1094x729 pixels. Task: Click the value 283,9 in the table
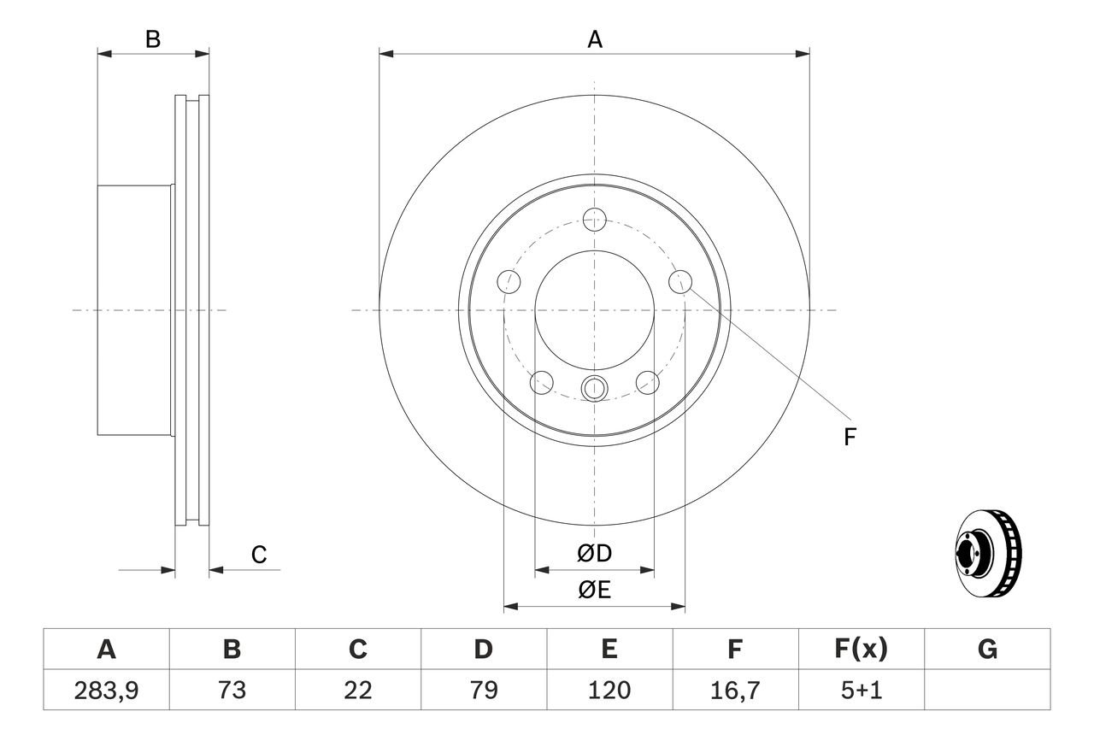coord(106,690)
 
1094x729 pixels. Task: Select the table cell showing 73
coord(232,690)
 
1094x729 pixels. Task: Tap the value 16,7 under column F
coord(734,690)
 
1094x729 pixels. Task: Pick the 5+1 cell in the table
coord(861,690)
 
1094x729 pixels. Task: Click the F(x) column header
coord(861,650)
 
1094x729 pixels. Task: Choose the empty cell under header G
coord(987,690)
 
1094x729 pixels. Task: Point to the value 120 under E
coord(609,690)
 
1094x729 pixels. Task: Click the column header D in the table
coord(483,650)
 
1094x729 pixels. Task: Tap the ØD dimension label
coord(594,554)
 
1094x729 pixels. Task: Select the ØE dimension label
coord(594,591)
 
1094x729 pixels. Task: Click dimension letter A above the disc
coord(594,39)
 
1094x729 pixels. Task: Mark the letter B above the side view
coord(152,39)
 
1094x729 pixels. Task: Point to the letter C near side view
coord(259,555)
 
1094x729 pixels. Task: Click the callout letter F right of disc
coord(849,438)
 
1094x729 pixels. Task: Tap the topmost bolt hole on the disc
coord(594,219)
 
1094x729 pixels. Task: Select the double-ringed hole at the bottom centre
coord(594,388)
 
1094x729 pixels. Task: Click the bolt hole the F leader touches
coord(680,280)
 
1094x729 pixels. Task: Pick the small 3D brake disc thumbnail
coord(987,554)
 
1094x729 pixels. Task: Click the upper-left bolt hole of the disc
coord(509,280)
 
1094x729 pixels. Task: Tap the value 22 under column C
coord(357,690)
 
